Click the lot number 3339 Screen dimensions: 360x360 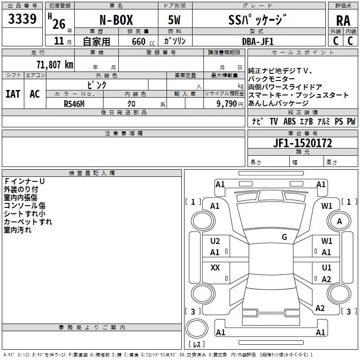[x=22, y=19]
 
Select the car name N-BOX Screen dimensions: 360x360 [x=116, y=20]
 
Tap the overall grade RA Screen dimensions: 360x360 [x=343, y=21]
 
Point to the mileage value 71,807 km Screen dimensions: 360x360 [x=54, y=65]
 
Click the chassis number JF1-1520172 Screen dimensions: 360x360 [x=302, y=144]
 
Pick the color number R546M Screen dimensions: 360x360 [x=74, y=103]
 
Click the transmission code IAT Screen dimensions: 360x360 [x=13, y=94]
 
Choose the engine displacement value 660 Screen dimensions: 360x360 [x=139, y=41]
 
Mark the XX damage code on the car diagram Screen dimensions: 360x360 [x=215, y=268]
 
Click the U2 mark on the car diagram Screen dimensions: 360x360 [x=215, y=241]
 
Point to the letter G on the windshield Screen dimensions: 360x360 [x=284, y=237]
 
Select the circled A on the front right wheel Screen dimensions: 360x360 [x=340, y=221]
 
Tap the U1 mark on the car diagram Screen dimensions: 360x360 [x=327, y=268]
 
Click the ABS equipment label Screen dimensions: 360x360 [x=289, y=121]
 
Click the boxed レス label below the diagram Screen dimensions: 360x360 [x=196, y=344]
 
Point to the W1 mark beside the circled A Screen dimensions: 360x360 [x=327, y=206]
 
